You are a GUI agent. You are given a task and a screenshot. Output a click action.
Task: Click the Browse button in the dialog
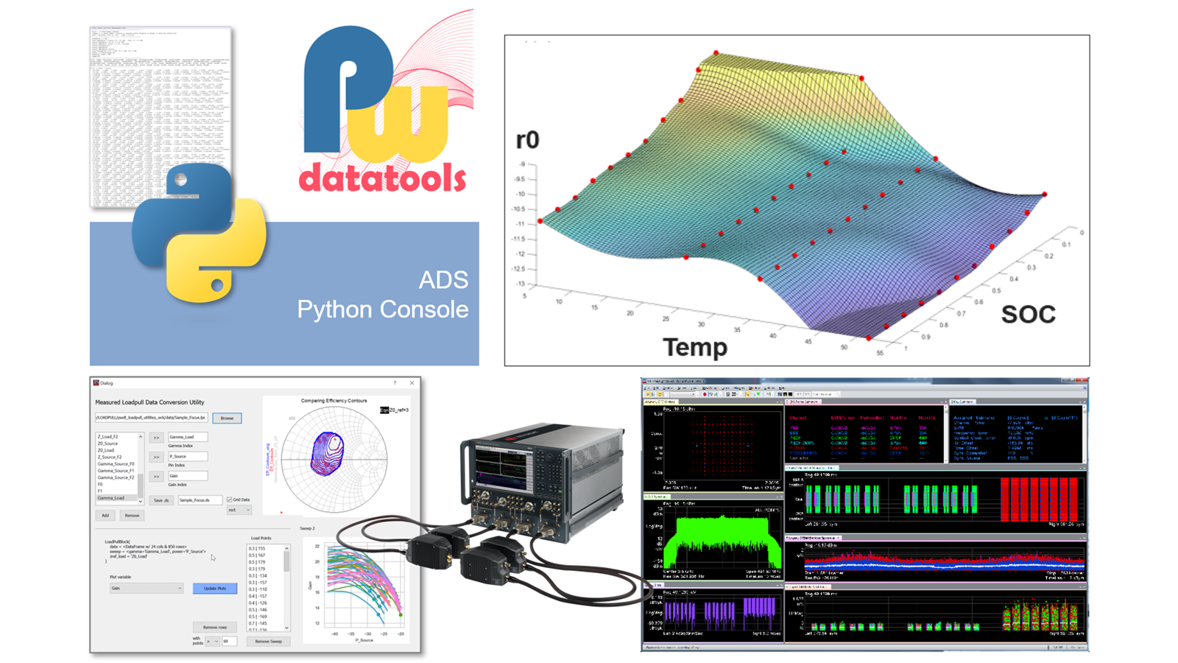click(x=227, y=418)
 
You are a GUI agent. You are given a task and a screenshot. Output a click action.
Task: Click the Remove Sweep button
click(x=268, y=642)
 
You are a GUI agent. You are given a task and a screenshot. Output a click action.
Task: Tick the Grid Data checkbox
click(x=230, y=500)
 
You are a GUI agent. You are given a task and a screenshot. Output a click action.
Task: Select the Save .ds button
click(x=161, y=500)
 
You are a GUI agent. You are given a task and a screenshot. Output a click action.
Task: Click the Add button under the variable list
click(x=105, y=516)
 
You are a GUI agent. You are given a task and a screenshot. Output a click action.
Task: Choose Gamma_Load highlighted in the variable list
click(x=111, y=498)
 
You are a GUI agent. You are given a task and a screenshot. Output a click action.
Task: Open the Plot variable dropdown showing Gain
click(x=147, y=588)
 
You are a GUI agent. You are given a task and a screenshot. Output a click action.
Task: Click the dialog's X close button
click(x=412, y=383)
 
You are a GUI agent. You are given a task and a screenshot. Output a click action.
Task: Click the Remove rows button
click(x=215, y=627)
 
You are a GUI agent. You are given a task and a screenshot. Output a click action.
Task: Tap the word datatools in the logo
click(x=382, y=178)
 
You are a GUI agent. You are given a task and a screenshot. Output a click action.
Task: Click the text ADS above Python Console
click(x=443, y=280)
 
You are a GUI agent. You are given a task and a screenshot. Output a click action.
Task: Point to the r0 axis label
click(x=527, y=140)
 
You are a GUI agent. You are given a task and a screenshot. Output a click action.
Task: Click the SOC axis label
click(x=1028, y=315)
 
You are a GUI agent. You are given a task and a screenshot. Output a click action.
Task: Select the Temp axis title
click(x=695, y=347)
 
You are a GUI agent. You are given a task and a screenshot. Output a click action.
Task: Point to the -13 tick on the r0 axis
click(x=521, y=284)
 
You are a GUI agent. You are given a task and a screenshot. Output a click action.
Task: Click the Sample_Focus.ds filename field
click(x=199, y=500)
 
